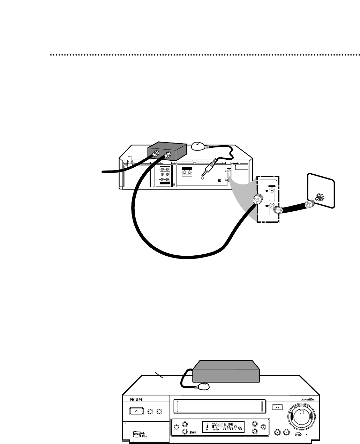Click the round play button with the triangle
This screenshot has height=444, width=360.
pos(286,432)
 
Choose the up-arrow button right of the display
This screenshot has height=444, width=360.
pos(255,422)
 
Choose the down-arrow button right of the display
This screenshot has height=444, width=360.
pos(255,431)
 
